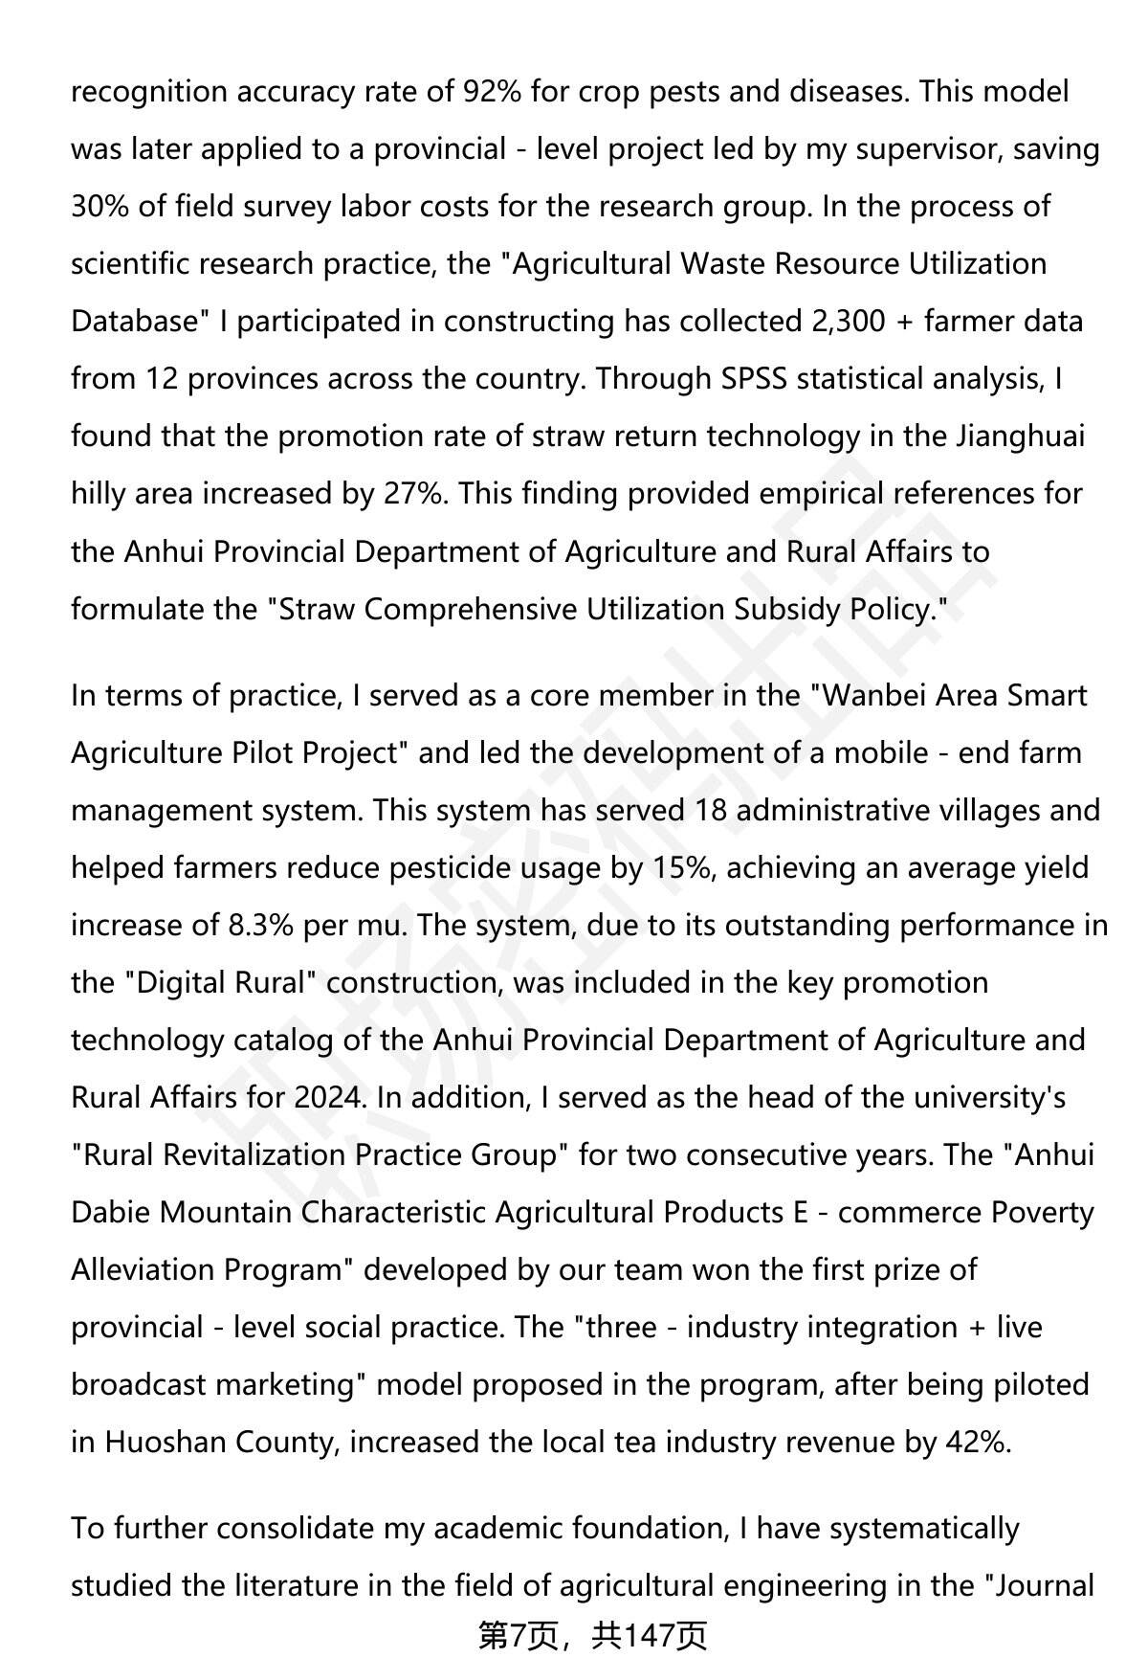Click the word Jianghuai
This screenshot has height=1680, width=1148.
tap(1020, 437)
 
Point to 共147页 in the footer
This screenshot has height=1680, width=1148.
tap(649, 1637)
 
